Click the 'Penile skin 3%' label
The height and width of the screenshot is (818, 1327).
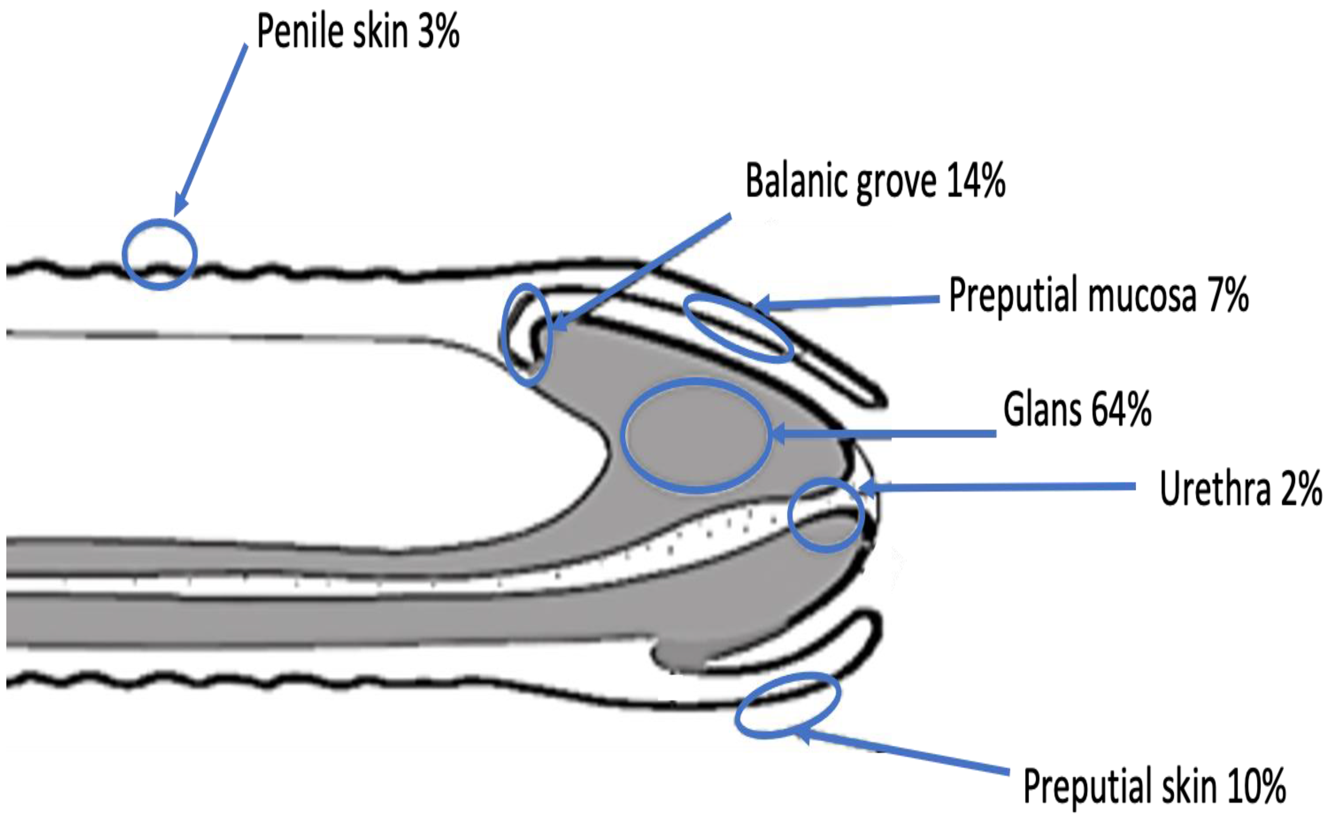coord(358,31)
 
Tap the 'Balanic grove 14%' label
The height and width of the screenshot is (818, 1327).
coord(875,181)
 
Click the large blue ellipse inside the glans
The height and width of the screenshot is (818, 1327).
coord(696,435)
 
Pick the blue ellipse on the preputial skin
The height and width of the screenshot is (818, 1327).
coord(788,705)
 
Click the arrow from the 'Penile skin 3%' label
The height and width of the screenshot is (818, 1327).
coord(211,130)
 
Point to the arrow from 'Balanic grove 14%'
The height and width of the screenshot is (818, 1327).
coord(643,271)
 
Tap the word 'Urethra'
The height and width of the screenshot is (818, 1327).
coord(1215,489)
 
